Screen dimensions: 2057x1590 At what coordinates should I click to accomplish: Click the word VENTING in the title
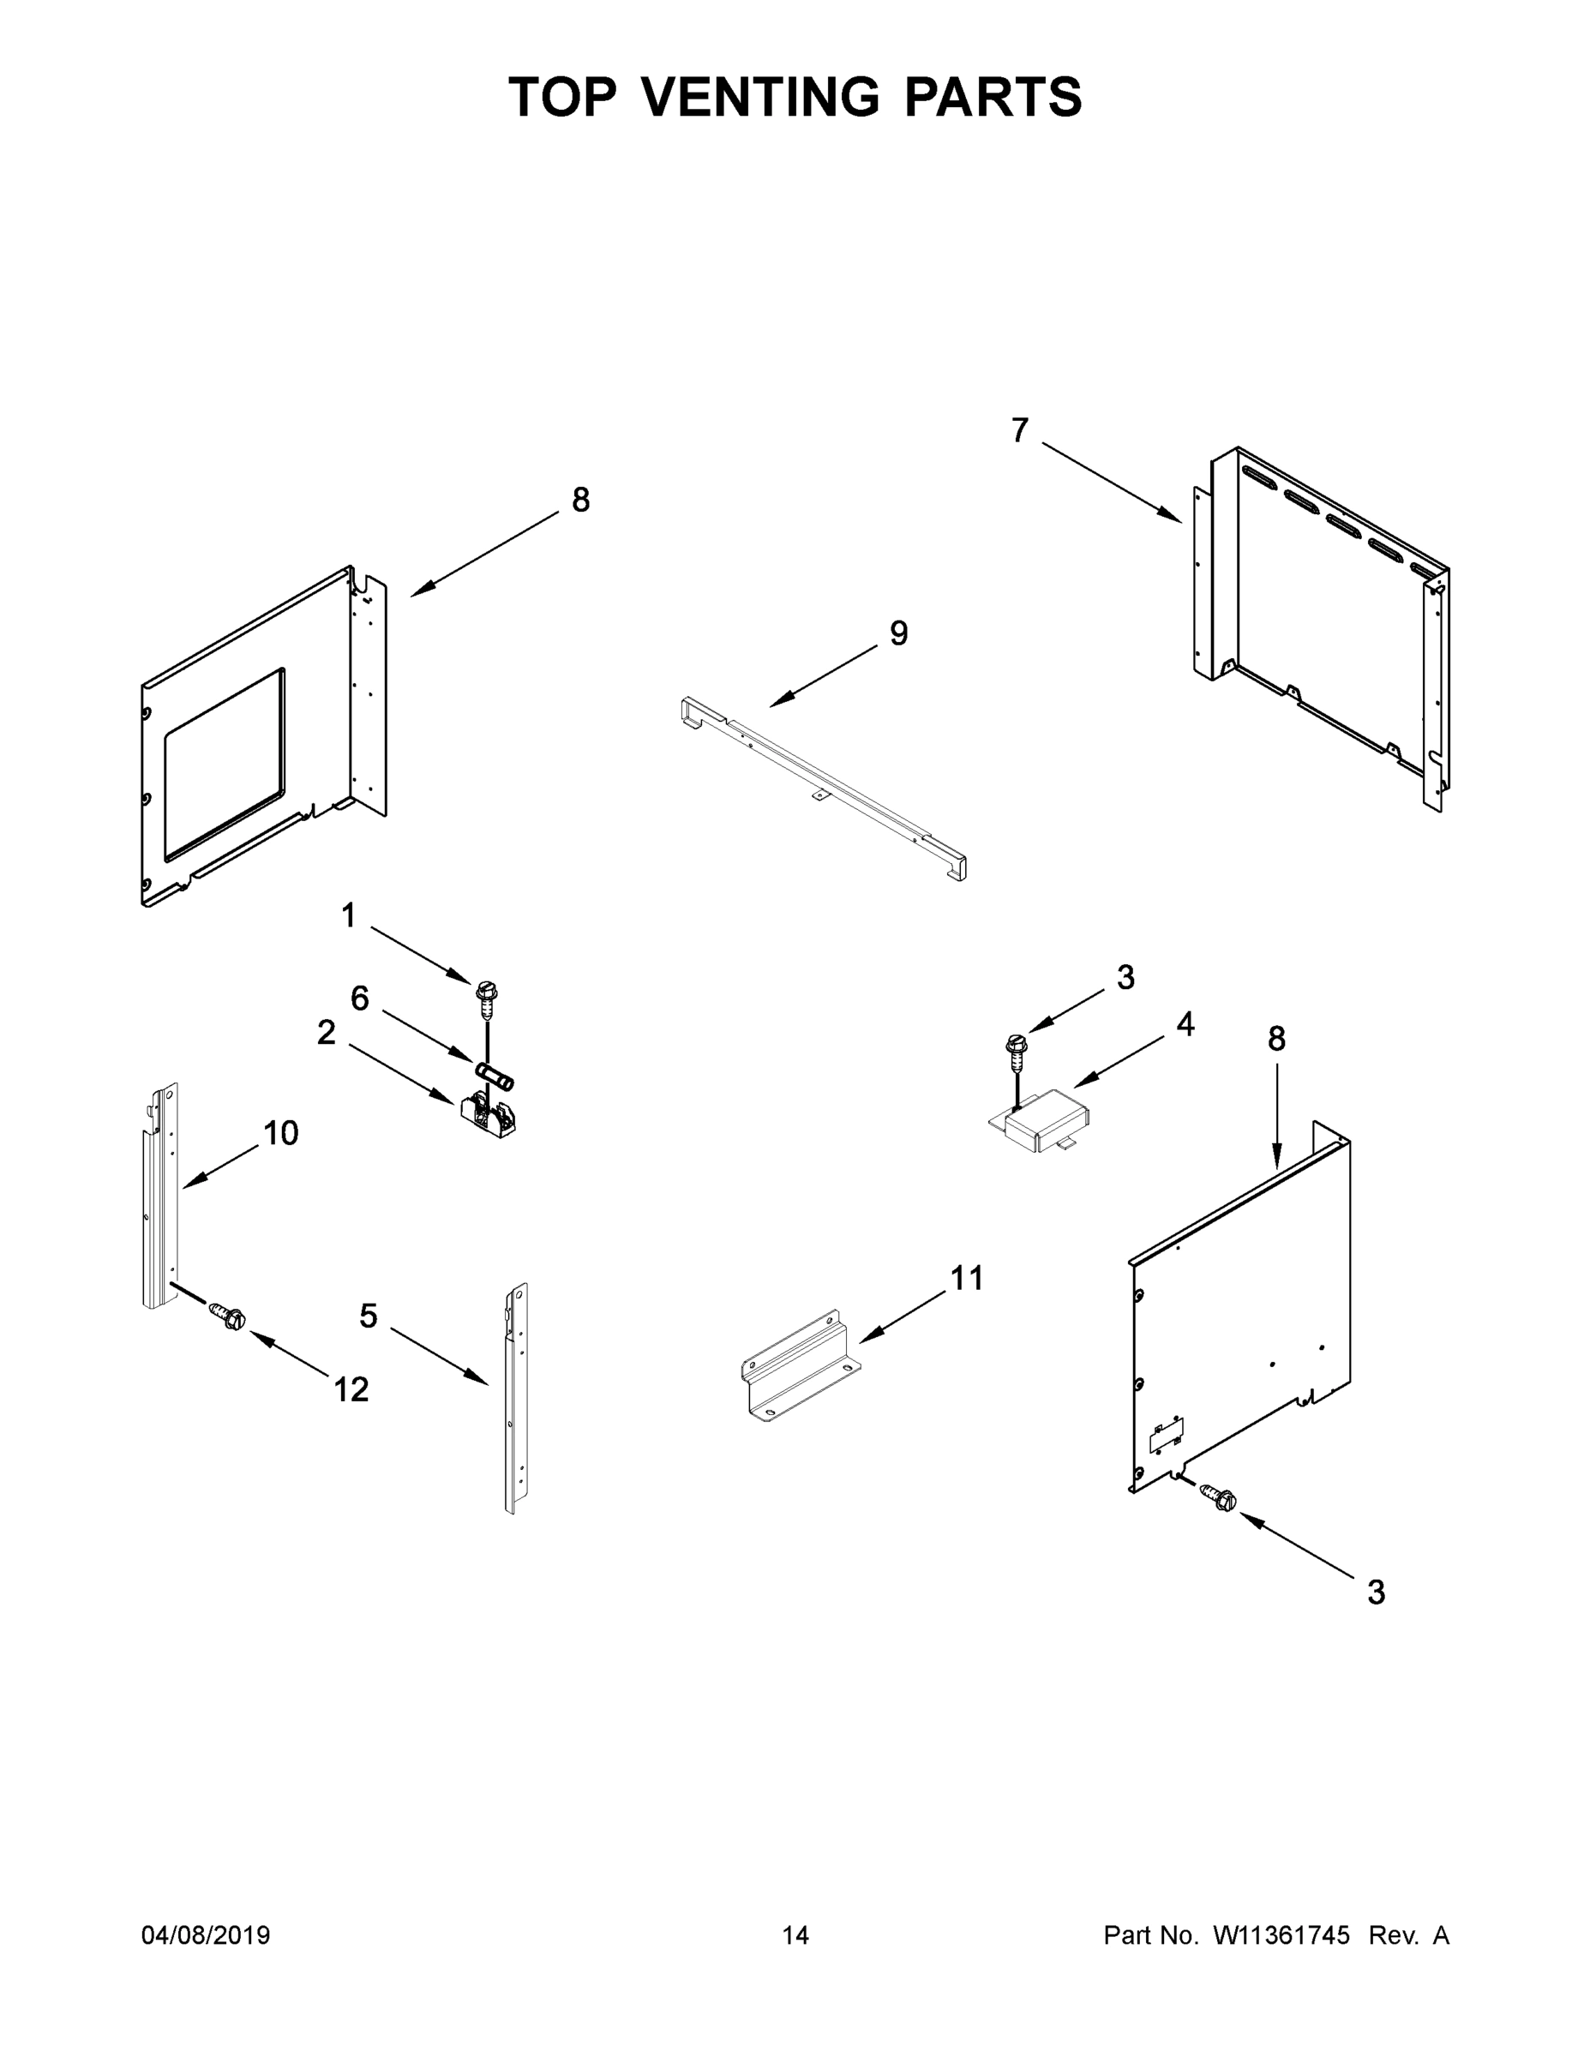[763, 97]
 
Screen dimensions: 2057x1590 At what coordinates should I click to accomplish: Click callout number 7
[1020, 430]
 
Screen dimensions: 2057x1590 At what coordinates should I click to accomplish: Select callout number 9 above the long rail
[898, 634]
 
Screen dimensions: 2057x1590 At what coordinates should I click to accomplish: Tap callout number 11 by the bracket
[967, 1278]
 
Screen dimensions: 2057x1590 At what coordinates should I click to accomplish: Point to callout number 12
[351, 1389]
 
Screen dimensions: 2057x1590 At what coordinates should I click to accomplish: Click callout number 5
[369, 1316]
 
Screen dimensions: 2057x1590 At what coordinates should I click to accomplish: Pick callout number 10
[280, 1133]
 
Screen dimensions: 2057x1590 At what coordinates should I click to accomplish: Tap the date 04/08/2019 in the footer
[206, 1935]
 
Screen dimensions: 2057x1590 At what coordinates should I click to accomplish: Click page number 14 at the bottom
[795, 1935]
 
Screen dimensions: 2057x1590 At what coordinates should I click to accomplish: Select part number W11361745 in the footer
[1281, 1935]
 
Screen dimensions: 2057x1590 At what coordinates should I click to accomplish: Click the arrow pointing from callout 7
[1112, 483]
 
